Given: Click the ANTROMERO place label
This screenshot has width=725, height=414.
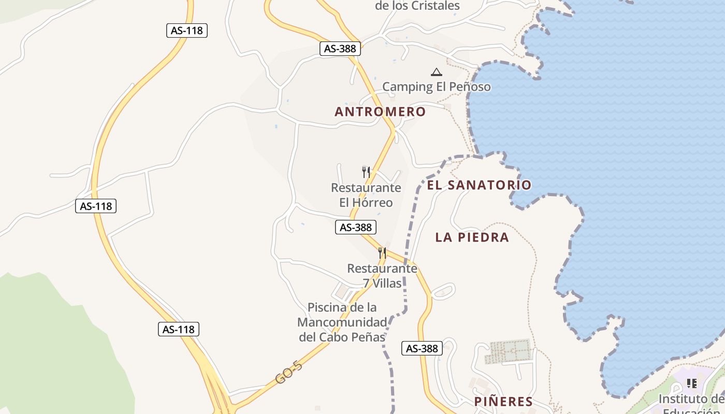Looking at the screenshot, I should coord(380,112).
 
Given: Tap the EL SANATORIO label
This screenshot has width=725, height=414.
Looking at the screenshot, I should coord(479,185).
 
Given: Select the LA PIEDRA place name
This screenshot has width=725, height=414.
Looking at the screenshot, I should coord(472,238).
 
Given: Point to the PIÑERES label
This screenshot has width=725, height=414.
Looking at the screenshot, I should coord(503,402).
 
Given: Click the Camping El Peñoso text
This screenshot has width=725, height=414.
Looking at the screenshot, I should coord(436,87).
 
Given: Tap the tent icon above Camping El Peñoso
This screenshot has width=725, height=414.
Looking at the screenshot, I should coord(437,72).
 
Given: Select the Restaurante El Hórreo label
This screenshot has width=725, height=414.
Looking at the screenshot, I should coord(366,195).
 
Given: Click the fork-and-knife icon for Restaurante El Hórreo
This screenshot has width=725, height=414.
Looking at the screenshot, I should coord(366,172).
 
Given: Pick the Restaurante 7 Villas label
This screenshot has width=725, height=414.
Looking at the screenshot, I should coord(382,276).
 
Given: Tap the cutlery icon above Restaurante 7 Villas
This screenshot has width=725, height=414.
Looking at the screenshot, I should coord(382,253).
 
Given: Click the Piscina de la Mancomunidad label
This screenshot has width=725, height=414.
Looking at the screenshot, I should coord(342,322).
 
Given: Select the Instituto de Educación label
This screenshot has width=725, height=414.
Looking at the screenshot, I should coord(691,404).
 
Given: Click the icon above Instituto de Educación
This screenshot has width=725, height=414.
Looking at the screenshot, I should coord(691,383).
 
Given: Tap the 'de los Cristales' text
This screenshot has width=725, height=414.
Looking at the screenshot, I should coord(417,6).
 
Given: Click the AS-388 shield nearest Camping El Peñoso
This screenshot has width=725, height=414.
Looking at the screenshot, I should coord(340,49).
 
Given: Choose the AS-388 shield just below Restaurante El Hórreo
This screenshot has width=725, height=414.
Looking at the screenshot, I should coord(356,227).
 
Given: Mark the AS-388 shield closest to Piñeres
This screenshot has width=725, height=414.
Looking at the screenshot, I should coord(422,348).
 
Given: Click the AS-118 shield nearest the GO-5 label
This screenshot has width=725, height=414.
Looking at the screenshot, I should coord(179,329).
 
